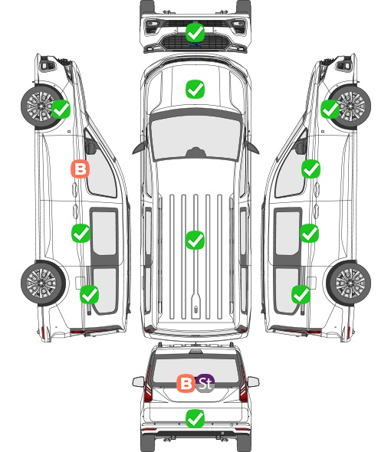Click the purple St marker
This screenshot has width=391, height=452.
point(205,383)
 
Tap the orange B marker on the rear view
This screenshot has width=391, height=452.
point(186,383)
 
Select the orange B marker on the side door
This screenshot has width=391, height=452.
point(80,169)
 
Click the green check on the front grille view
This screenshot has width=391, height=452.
point(195,33)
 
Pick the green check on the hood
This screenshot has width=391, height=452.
point(195,89)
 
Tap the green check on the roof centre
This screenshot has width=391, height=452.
point(195,240)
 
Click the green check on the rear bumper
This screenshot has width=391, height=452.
point(195,419)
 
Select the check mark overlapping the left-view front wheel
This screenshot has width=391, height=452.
point(61,109)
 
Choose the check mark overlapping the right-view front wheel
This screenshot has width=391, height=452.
point(330,109)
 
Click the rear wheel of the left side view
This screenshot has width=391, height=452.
point(43,283)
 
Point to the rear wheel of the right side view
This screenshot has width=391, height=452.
point(348,283)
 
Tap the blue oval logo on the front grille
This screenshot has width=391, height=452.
point(195,44)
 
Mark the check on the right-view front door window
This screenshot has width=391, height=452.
point(310,169)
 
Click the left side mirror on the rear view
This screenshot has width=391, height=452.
point(139,382)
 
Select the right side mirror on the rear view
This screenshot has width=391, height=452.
point(253,382)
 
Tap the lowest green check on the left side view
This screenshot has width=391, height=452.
point(90,294)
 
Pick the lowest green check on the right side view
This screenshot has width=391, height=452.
point(301,294)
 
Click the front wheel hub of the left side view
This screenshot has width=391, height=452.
point(40,106)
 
